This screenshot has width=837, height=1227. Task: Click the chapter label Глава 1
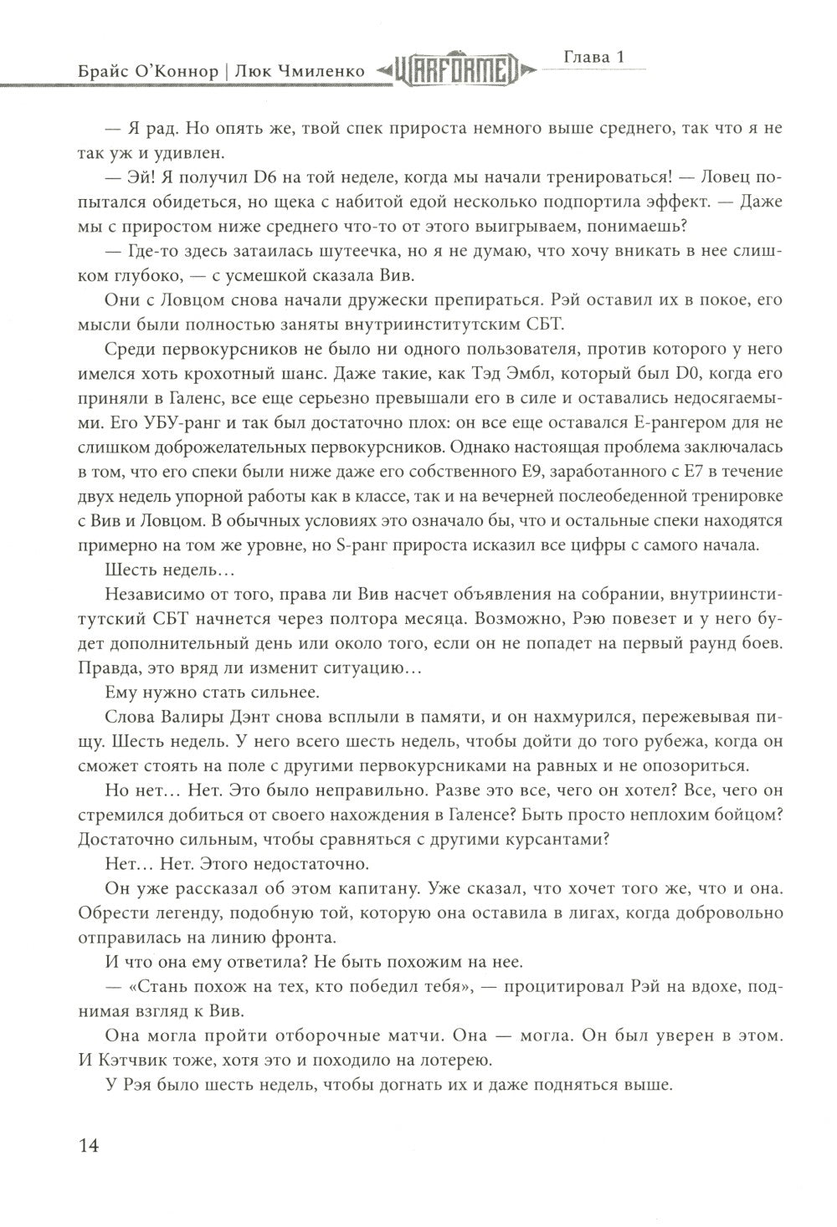tap(593, 58)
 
